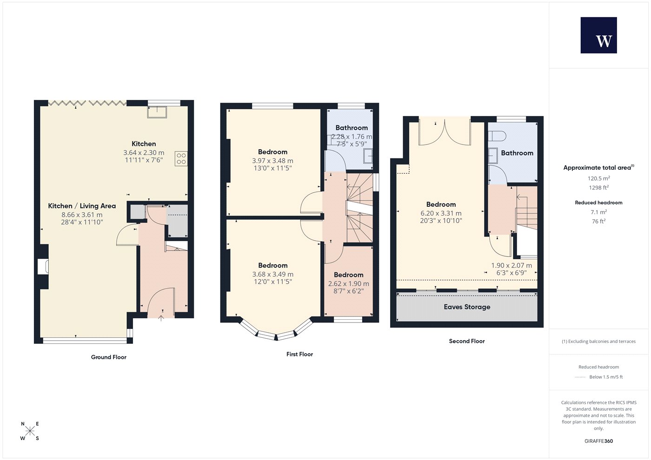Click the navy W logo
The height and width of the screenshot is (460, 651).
pyautogui.click(x=599, y=35)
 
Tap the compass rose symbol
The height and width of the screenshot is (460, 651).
pyautogui.click(x=30, y=431)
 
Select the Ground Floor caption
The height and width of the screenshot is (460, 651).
pyautogui.click(x=109, y=357)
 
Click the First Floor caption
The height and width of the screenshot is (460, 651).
pyautogui.click(x=299, y=354)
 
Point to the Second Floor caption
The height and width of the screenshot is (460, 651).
pyautogui.click(x=467, y=341)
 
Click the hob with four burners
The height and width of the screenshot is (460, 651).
pyautogui.click(x=181, y=158)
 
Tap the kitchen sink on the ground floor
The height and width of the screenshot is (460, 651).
pyautogui.click(x=157, y=112)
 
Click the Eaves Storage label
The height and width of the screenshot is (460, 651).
pyautogui.click(x=467, y=307)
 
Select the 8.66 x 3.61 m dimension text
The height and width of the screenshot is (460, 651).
pyautogui.click(x=82, y=215)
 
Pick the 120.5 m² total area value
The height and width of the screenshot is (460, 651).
pyautogui.click(x=599, y=178)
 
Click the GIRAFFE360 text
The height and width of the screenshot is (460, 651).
pyautogui.click(x=599, y=441)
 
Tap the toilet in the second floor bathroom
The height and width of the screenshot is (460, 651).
pyautogui.click(x=497, y=136)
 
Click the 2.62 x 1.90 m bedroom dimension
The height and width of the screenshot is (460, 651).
pyautogui.click(x=348, y=284)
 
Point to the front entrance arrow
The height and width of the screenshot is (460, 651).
pyautogui.click(x=161, y=318)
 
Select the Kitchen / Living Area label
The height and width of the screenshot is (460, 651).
pyautogui.click(x=82, y=206)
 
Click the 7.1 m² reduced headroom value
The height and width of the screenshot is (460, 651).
pyautogui.click(x=599, y=212)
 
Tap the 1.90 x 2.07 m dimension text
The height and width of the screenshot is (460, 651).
pyautogui.click(x=511, y=265)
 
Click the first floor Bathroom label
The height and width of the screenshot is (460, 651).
pyautogui.click(x=352, y=128)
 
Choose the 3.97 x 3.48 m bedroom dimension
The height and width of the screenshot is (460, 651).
pyautogui.click(x=272, y=161)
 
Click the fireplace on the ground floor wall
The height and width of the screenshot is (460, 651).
pyautogui.click(x=43, y=267)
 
